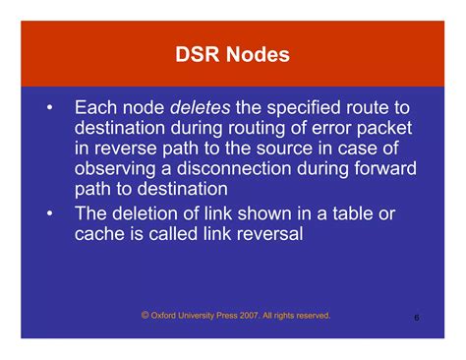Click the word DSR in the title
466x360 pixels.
click(197, 54)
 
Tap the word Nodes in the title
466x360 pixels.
click(258, 54)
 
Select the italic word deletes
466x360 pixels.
click(201, 107)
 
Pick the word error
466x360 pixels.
click(330, 128)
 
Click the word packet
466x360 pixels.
click(384, 129)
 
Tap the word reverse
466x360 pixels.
click(126, 150)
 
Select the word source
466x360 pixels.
click(284, 150)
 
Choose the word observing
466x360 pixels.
click(115, 169)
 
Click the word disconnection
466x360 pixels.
click(234, 169)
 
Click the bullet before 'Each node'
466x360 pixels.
click(49, 108)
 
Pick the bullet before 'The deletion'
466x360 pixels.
click(49, 214)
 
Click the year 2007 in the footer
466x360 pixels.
click(249, 316)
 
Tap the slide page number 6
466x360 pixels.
click(417, 318)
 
